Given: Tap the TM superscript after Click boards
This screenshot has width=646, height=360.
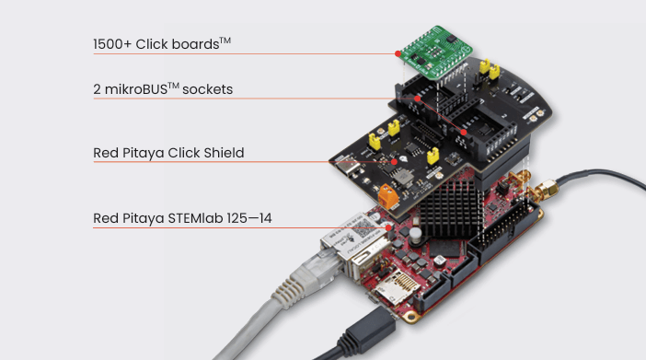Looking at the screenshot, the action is pyautogui.click(x=225, y=41).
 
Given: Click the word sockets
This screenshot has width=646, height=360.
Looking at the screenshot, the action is pyautogui.click(x=208, y=89).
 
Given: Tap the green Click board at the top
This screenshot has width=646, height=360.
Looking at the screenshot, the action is pyautogui.click(x=436, y=52).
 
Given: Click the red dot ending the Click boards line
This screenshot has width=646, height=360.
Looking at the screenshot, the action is pyautogui.click(x=398, y=53).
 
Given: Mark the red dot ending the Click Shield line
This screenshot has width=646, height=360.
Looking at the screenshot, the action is pyautogui.click(x=394, y=162).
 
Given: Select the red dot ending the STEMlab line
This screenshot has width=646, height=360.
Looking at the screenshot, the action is pyautogui.click(x=388, y=227).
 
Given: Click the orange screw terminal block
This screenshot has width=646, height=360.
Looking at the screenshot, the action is pyautogui.click(x=388, y=196).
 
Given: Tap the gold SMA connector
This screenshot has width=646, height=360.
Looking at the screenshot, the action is pyautogui.click(x=544, y=190).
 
